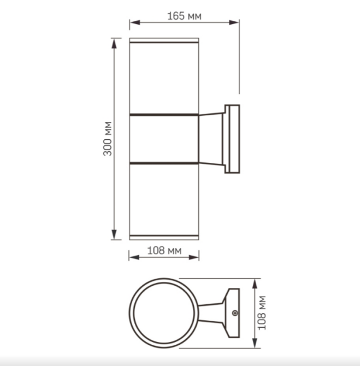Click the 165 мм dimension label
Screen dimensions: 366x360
(x=184, y=16)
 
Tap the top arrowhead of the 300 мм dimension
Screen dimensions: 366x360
(x=115, y=41)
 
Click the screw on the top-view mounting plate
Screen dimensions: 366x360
(x=235, y=313)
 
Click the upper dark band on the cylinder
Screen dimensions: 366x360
(x=164, y=115)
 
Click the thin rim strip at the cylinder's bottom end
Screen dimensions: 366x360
(x=164, y=237)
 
